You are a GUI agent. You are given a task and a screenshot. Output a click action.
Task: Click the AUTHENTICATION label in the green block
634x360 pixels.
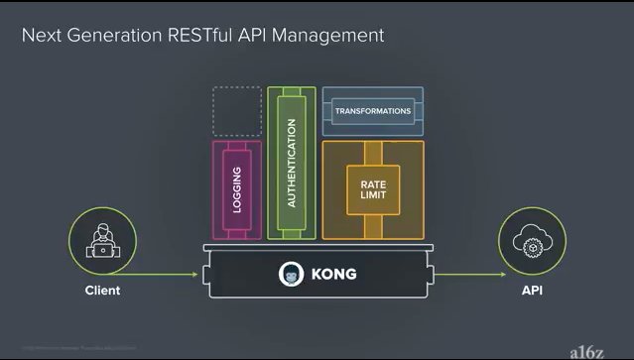point(291,163)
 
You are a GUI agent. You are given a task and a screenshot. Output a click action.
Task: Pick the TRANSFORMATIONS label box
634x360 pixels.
point(373,111)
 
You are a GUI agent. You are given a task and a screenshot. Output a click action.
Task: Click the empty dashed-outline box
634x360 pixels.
point(237,111)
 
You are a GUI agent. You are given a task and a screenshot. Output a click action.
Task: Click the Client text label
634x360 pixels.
point(101,291)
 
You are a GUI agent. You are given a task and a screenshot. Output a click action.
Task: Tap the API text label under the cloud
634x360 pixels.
point(532,291)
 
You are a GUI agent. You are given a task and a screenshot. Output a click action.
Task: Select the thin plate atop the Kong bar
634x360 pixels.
point(317,247)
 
